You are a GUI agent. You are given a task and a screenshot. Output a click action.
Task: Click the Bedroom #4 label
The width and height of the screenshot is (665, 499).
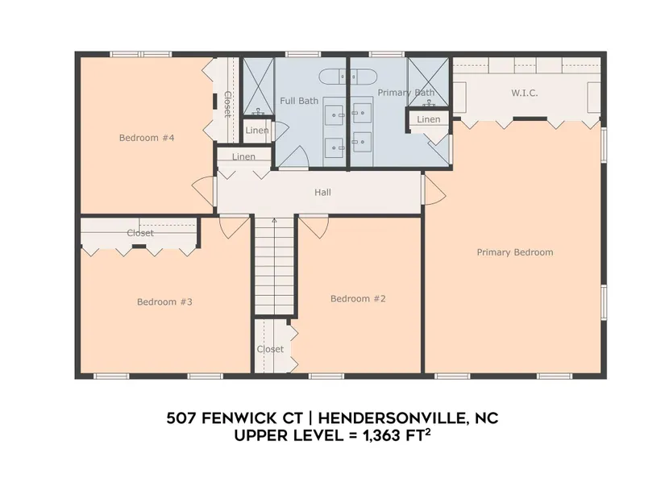[147, 138]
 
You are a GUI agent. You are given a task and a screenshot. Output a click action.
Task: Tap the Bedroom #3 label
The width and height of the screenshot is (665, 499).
[164, 302]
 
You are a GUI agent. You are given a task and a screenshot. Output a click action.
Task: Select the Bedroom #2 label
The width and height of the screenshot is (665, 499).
[358, 299]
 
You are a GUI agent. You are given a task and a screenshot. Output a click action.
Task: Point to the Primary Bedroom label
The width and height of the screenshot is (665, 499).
[515, 252]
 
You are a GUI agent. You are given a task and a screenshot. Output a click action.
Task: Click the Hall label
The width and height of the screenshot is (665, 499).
[322, 192]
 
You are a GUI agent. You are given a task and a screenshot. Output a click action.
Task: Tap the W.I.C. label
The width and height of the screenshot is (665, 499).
[525, 93]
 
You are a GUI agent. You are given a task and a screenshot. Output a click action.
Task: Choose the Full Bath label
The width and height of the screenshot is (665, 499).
[299, 101]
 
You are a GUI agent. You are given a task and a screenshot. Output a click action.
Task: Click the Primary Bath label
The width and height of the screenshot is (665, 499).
[406, 93]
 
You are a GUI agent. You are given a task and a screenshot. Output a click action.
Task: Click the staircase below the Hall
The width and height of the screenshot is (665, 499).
[274, 266]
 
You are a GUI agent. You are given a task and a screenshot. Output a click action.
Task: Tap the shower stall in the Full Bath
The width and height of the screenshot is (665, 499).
[258, 86]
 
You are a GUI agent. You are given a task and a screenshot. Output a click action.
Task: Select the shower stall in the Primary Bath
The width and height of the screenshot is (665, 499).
[428, 82]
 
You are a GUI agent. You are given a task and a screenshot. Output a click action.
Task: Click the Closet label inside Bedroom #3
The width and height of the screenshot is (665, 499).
[140, 233]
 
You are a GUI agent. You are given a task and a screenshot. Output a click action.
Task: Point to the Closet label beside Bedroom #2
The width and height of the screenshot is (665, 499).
[270, 349]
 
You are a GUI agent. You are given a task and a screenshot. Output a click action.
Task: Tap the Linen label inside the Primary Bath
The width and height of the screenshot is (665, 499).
[428, 119]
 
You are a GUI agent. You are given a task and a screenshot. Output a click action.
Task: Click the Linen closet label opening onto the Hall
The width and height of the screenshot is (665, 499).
[243, 157]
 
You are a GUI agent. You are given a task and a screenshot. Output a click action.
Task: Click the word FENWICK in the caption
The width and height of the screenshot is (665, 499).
[252, 418]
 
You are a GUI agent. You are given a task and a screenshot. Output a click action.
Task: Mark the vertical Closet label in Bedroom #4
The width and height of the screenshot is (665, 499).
[227, 104]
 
